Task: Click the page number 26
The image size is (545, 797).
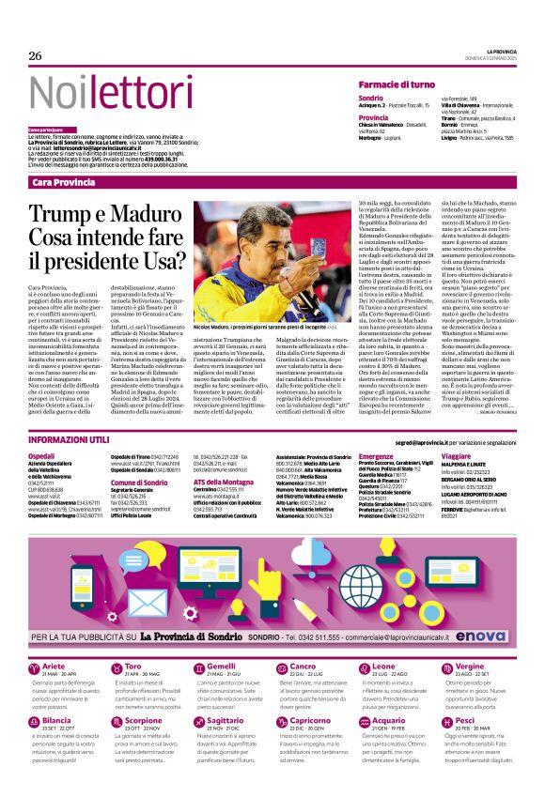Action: [x=35, y=56]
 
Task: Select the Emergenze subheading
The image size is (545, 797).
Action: [x=376, y=454]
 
